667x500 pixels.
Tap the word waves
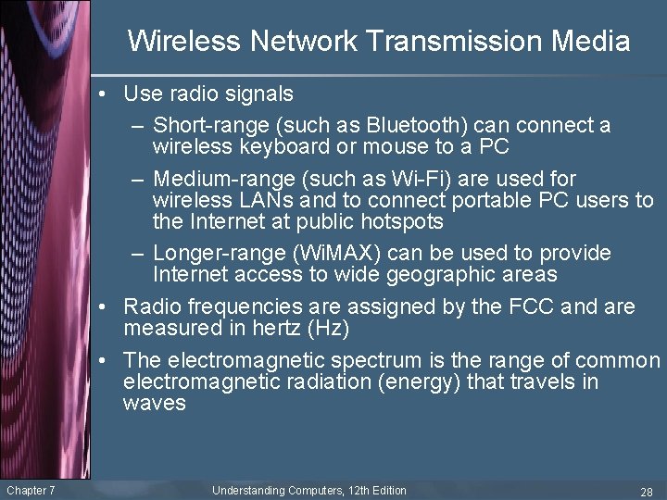pos(154,403)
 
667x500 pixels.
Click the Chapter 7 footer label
pos(31,490)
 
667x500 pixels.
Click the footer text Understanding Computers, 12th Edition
pos(309,490)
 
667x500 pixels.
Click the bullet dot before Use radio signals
pos(110,94)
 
